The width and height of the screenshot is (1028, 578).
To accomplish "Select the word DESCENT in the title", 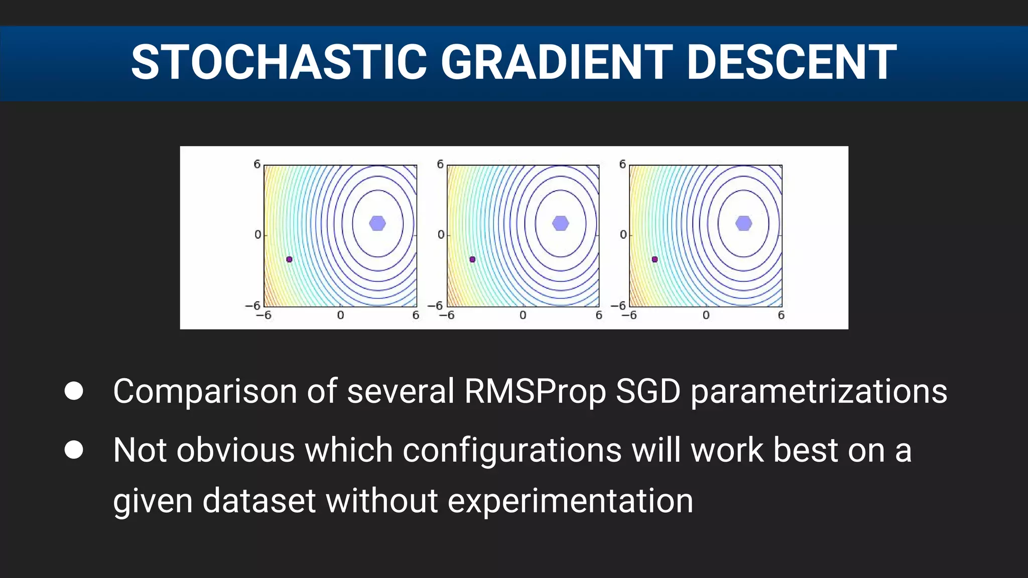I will (791, 62).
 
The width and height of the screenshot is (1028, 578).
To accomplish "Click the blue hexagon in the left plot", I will (377, 223).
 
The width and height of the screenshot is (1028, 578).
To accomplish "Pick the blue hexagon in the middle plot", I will (560, 223).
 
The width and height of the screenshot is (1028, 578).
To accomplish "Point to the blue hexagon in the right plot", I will (743, 223).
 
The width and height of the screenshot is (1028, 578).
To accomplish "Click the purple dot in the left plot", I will (289, 259).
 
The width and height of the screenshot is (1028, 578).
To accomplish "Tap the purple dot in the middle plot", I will (472, 259).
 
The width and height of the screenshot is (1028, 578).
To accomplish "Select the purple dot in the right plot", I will (655, 259).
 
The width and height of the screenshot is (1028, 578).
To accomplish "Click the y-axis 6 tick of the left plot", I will (257, 164).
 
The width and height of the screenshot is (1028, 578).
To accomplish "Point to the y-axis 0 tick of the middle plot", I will (441, 234).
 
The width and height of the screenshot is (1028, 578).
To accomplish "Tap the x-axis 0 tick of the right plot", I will (706, 315).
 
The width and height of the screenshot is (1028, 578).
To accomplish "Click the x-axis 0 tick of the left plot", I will (340, 315).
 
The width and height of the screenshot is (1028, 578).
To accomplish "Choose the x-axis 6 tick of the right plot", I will (781, 315).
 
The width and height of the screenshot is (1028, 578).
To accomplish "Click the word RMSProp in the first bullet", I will (535, 391).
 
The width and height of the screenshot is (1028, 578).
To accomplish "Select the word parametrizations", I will (819, 391).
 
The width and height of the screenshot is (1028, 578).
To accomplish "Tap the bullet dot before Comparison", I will (74, 391).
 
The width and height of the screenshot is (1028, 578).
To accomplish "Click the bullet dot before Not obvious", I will (74, 450).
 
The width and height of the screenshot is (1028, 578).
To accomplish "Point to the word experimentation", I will (570, 501).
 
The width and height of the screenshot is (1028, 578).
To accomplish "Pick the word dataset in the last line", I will (259, 501).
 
